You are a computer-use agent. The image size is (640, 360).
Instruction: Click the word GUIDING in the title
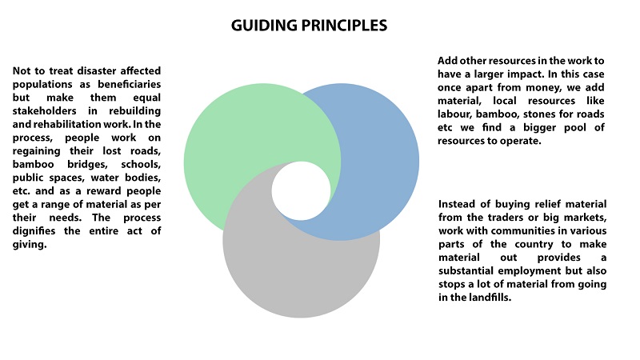[264, 26]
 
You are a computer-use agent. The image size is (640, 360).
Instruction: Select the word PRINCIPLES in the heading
[344, 26]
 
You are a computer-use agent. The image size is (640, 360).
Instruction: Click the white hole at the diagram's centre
[302, 191]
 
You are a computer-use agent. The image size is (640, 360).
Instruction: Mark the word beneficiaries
[129, 84]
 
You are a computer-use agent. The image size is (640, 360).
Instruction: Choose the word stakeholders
[44, 110]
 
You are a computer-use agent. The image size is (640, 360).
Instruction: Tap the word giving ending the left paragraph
[30, 245]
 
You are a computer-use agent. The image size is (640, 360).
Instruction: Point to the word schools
[141, 164]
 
